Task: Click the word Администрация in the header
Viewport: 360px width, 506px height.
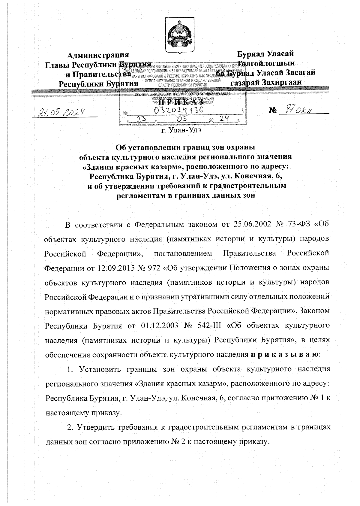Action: pyautogui.click(x=98, y=55)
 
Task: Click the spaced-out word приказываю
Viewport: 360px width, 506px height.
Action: pyautogui.click(x=285, y=354)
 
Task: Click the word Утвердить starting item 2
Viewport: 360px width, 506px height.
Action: pyautogui.click(x=98, y=427)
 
